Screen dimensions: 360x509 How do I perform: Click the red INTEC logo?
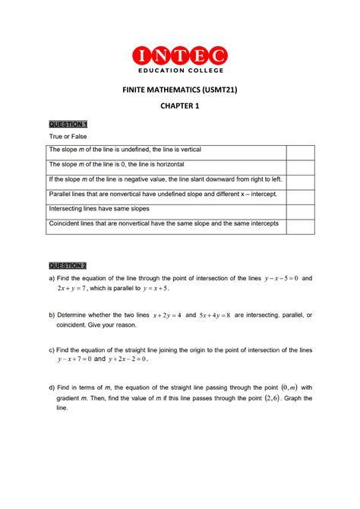(179, 55)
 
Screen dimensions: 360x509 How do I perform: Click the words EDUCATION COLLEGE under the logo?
(179, 71)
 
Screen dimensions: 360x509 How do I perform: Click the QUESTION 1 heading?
(68, 124)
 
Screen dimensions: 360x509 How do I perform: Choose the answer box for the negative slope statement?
(300, 182)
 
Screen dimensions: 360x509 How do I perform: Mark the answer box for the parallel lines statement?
(300, 197)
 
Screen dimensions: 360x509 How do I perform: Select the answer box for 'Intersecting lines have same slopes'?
(300, 211)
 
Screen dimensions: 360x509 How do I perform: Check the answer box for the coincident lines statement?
(300, 226)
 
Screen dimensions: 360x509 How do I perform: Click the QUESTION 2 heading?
(68, 265)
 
